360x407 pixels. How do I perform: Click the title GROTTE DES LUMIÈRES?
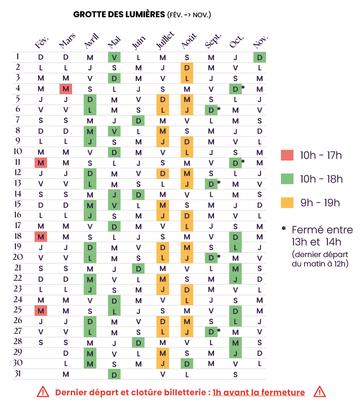point(119,14)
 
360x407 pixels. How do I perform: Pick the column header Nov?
point(260,42)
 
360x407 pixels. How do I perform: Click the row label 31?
point(18,373)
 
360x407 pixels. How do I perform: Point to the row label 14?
point(18,194)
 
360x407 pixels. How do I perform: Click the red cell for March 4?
point(66,88)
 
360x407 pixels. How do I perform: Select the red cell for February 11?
point(41,163)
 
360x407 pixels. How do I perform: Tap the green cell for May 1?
point(114,57)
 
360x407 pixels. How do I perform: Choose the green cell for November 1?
point(260,57)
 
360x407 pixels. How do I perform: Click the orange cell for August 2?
point(187,68)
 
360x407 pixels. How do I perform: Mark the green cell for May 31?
point(114,374)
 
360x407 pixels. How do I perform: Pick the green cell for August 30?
point(187,363)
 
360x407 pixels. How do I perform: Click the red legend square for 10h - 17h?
point(287,155)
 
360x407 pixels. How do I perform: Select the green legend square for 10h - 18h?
point(287,179)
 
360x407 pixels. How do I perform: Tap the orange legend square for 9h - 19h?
point(287,203)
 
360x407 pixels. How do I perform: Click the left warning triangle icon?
point(43,392)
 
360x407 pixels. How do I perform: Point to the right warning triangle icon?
point(319,392)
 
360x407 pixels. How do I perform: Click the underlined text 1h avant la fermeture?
point(259,392)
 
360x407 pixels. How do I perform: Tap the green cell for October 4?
point(235,88)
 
